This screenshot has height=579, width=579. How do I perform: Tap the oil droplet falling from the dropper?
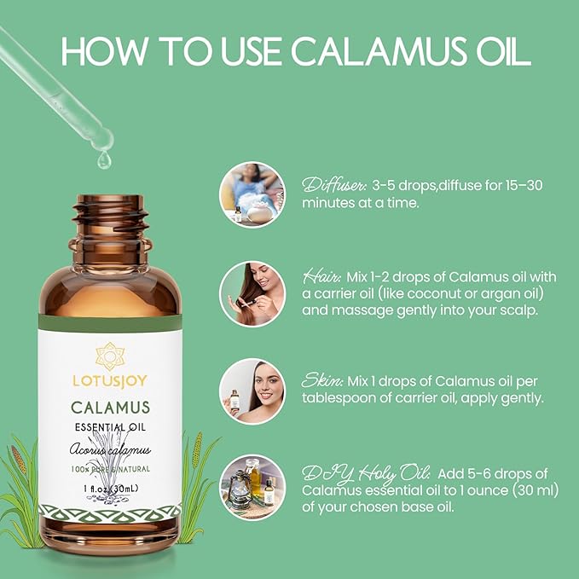(103, 159)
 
